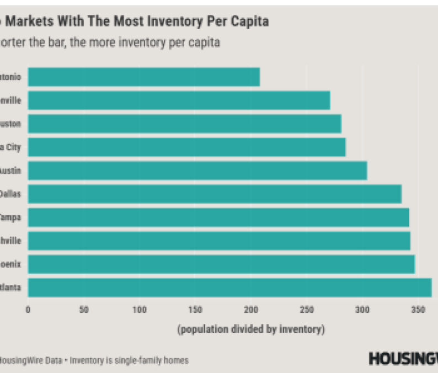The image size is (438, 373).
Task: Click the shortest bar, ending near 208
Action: pos(143,77)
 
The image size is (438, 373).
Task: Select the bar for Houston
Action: pos(184,124)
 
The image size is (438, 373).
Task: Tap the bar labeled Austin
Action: pos(197,170)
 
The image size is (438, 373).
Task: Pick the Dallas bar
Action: pos(214,194)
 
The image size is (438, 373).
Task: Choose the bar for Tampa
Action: pos(218,217)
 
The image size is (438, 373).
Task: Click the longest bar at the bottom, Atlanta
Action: pos(229,288)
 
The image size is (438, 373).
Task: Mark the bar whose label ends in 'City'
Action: pos(186,147)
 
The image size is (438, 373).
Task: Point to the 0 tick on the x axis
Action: pos(28,310)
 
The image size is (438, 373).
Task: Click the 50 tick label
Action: pos(84,310)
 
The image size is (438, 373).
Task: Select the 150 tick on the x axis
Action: pos(195,310)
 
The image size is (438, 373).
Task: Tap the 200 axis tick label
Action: pos(251,310)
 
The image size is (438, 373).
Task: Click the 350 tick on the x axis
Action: pos(418,310)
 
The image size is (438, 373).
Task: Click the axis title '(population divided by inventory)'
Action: pos(251,329)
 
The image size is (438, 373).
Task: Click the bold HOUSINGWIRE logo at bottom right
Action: pos(403,359)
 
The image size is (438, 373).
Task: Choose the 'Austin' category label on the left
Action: pos(10,170)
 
